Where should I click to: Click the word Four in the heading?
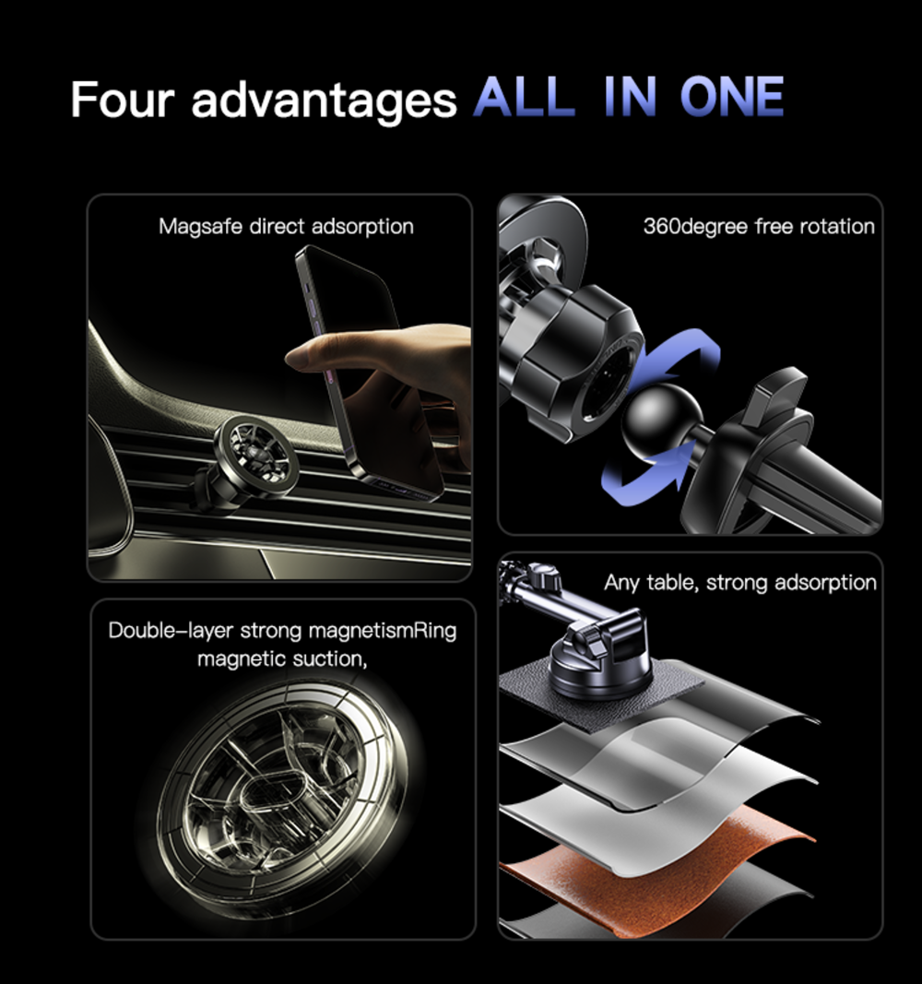(x=123, y=99)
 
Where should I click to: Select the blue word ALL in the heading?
(x=525, y=96)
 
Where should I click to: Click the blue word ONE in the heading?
(x=732, y=96)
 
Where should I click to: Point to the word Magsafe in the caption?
(x=200, y=227)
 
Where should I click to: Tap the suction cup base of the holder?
(x=599, y=670)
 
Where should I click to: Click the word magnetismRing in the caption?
(x=383, y=631)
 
